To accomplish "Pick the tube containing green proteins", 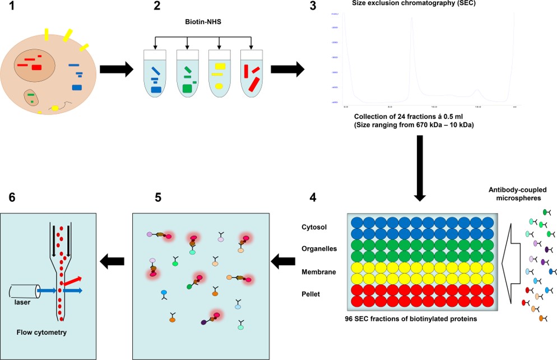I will click(x=188, y=74).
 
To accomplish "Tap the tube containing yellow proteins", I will click(x=219, y=74).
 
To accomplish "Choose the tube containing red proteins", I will click(x=251, y=74).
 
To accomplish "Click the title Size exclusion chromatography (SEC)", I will click(x=411, y=4).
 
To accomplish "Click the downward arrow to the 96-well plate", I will click(x=419, y=168).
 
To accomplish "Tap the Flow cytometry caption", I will click(x=42, y=332).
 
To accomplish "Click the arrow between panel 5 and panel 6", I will click(x=112, y=261).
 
